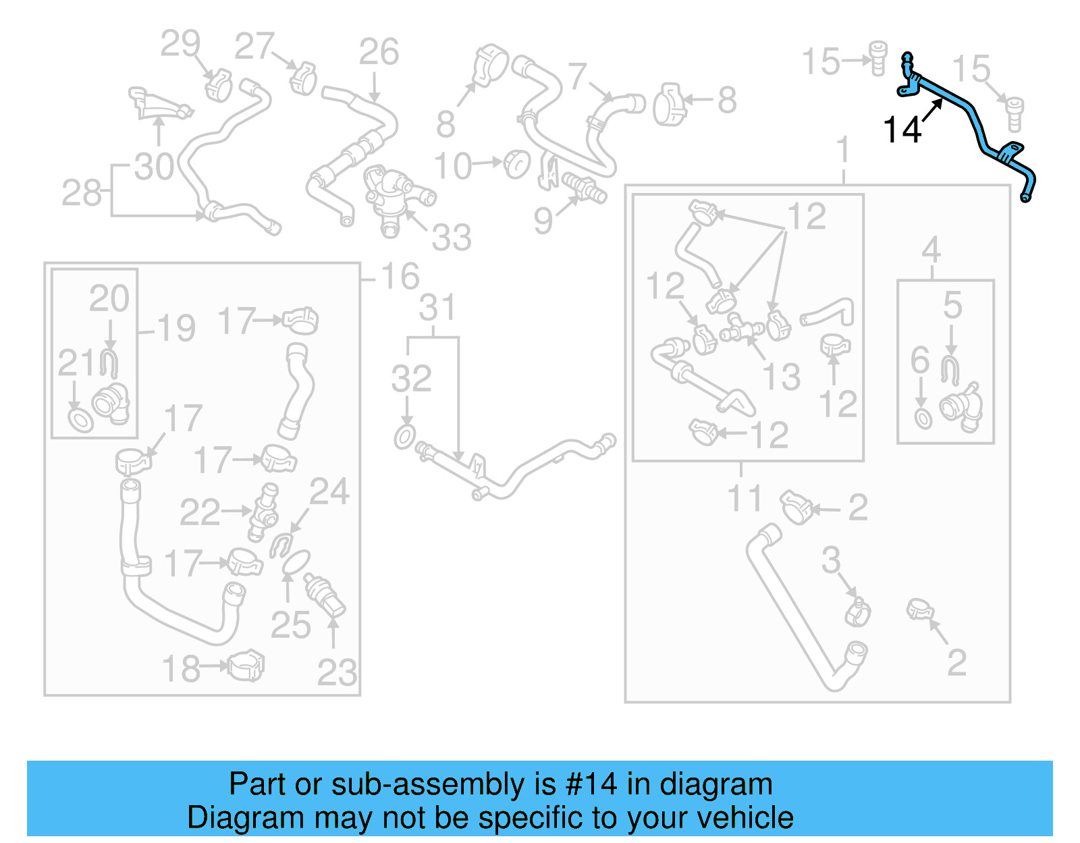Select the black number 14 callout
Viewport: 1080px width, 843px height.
(x=902, y=130)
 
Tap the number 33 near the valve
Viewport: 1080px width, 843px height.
(x=451, y=237)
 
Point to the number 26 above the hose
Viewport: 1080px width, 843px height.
(x=379, y=52)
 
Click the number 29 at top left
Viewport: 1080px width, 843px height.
(x=180, y=44)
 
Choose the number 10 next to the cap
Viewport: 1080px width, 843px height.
(x=452, y=166)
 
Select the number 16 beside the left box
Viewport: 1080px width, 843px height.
(x=400, y=276)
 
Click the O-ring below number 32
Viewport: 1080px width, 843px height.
(x=404, y=437)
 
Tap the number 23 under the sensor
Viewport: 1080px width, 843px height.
(x=337, y=672)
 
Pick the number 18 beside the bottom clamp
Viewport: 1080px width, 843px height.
(x=182, y=668)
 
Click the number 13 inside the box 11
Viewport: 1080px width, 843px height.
(x=782, y=376)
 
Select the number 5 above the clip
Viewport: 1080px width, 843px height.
(x=952, y=305)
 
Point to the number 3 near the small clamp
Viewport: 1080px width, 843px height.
(x=831, y=560)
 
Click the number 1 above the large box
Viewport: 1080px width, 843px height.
(x=843, y=150)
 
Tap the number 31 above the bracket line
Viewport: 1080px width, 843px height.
(x=437, y=308)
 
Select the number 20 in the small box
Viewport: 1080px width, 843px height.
(x=109, y=298)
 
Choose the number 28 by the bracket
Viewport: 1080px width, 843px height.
(x=81, y=193)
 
